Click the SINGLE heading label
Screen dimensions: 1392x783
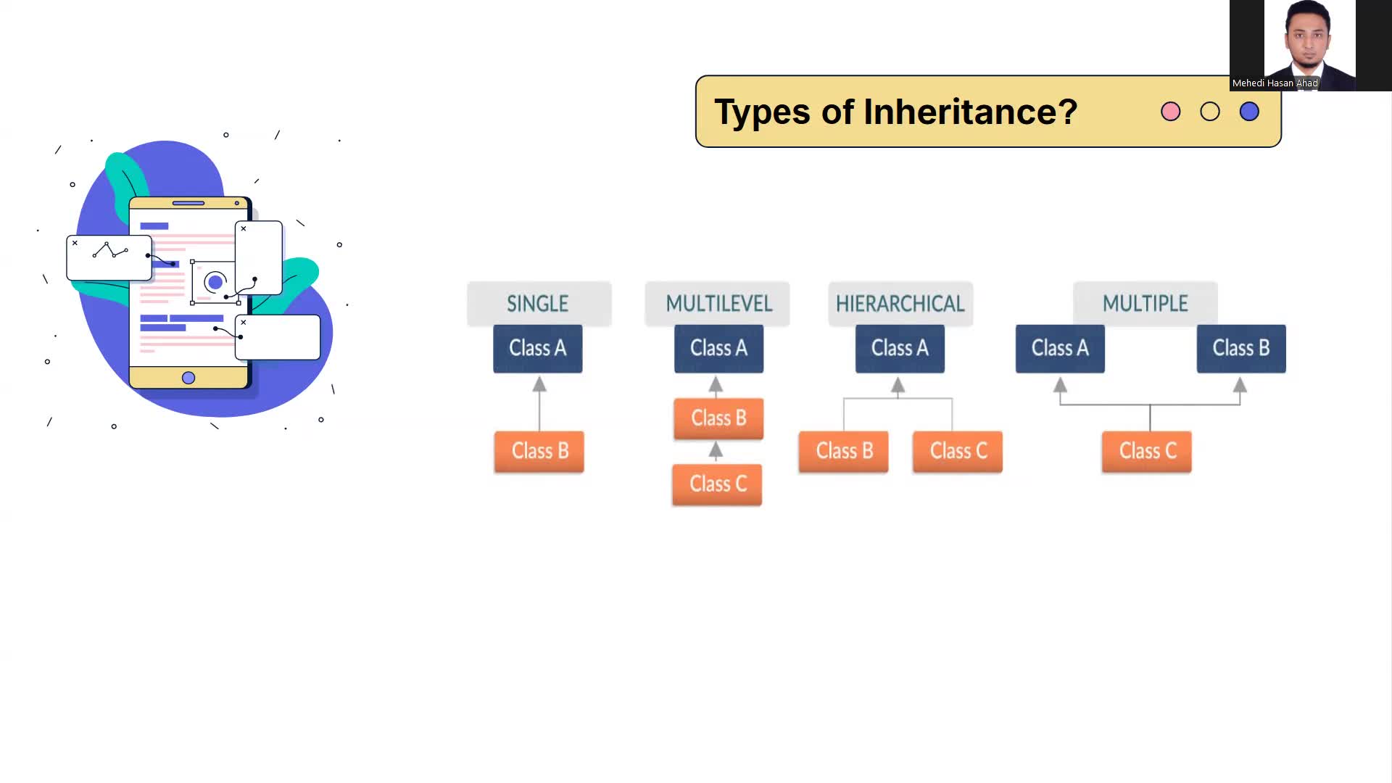[x=538, y=304]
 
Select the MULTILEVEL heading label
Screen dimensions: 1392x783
[x=718, y=304]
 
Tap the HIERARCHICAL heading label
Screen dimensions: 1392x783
[x=900, y=304]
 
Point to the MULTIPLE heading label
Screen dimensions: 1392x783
[x=1145, y=304]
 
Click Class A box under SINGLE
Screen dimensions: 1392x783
[x=538, y=349]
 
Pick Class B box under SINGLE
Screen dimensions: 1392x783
[x=539, y=452]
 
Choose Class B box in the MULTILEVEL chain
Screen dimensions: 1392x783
[x=718, y=418]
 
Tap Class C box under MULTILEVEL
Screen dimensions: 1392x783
[x=717, y=484]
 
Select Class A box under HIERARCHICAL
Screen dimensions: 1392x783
[x=900, y=349]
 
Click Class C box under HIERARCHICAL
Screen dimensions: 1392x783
[x=958, y=452]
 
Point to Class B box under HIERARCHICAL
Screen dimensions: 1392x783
[x=844, y=452]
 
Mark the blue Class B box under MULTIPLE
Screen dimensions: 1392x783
[x=1241, y=349]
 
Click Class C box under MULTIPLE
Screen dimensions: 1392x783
[x=1147, y=452]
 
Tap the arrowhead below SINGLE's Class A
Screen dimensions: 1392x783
[x=539, y=384]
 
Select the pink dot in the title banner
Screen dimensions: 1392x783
[x=1171, y=112]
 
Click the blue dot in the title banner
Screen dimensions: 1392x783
[x=1249, y=112]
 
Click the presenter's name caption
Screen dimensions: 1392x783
[x=1275, y=83]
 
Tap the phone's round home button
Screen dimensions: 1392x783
[x=188, y=378]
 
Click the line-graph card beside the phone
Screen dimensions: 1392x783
[x=109, y=257]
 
